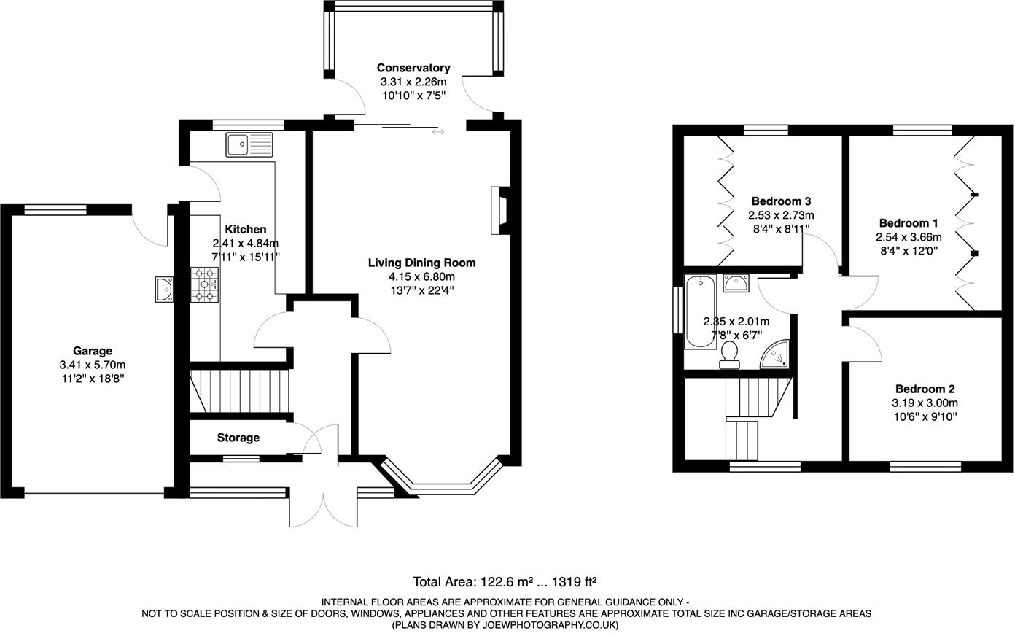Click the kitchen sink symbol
pos(249,145)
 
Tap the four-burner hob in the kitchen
pos(205,285)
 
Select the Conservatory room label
pos(413,68)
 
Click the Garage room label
pos(92,351)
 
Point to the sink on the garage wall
pos(164,289)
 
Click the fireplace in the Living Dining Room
pos(500,210)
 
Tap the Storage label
pos(238,438)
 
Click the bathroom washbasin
pos(737,283)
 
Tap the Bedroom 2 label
pos(925,389)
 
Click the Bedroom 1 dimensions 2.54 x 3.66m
pos(909,237)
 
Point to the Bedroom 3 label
pos(781,201)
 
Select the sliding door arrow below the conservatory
pos(437,132)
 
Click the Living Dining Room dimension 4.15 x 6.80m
pos(421,276)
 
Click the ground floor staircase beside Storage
pos(241,392)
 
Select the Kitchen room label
pos(245,229)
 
